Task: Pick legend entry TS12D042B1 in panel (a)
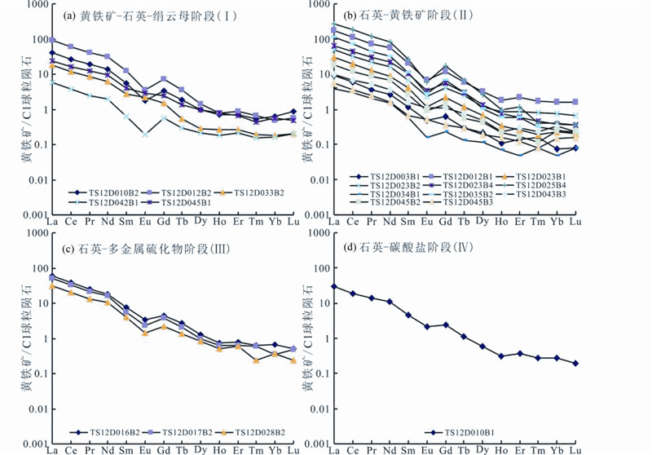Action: pyautogui.click(x=113, y=201)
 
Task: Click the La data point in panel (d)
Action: pyautogui.click(x=333, y=286)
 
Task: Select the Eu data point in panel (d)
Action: pyautogui.click(x=427, y=326)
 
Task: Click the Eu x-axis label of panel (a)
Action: pyautogui.click(x=145, y=221)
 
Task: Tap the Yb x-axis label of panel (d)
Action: pyautogui.click(x=556, y=449)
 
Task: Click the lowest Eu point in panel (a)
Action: pyautogui.click(x=145, y=134)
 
